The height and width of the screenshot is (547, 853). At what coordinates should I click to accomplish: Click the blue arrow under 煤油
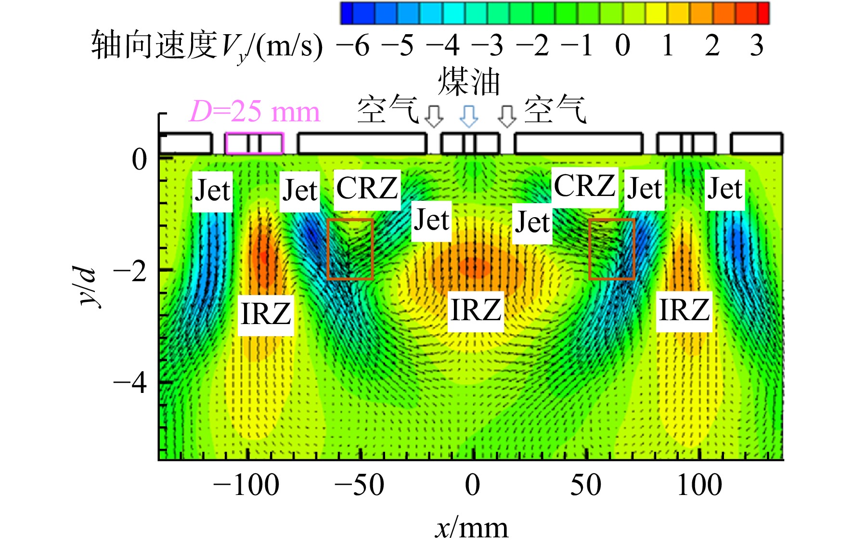click(x=469, y=117)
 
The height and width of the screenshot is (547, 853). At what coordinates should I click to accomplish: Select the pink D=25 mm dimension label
click(x=254, y=112)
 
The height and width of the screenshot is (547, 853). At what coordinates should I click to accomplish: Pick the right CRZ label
click(x=584, y=186)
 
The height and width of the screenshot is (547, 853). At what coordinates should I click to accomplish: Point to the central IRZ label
click(x=476, y=310)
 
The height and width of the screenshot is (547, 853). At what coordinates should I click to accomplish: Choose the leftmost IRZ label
click(x=266, y=314)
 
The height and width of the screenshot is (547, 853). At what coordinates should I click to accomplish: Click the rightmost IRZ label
click(x=684, y=310)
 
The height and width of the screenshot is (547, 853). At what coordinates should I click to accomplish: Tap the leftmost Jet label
click(x=212, y=191)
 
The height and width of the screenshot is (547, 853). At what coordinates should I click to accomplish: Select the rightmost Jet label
click(x=725, y=189)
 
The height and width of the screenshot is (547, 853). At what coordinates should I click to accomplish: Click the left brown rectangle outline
click(x=327, y=249)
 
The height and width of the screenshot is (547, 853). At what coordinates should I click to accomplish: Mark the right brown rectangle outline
click(x=589, y=249)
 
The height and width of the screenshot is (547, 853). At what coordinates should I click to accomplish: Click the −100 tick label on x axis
click(x=246, y=485)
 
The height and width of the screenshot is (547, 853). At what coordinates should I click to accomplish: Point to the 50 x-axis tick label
click(x=586, y=485)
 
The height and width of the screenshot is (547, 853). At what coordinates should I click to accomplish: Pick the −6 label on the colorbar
click(x=352, y=46)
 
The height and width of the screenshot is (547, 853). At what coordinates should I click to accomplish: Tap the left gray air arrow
click(x=434, y=117)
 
